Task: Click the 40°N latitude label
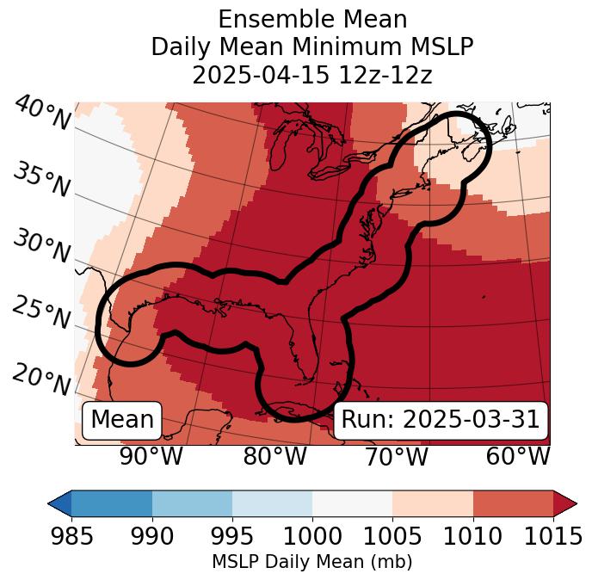point(42,114)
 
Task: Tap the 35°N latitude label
point(40,180)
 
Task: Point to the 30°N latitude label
point(40,247)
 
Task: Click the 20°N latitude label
point(40,379)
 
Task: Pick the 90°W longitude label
point(151,457)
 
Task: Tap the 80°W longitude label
point(274,457)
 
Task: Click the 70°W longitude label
point(395,457)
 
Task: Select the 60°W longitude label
point(517,457)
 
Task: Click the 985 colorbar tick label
point(71,536)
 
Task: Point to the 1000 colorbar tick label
point(312,536)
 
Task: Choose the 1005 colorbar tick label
point(392,536)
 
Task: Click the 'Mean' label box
point(122,420)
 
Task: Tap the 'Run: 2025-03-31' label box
point(441,420)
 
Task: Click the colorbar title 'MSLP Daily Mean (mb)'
point(311,562)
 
